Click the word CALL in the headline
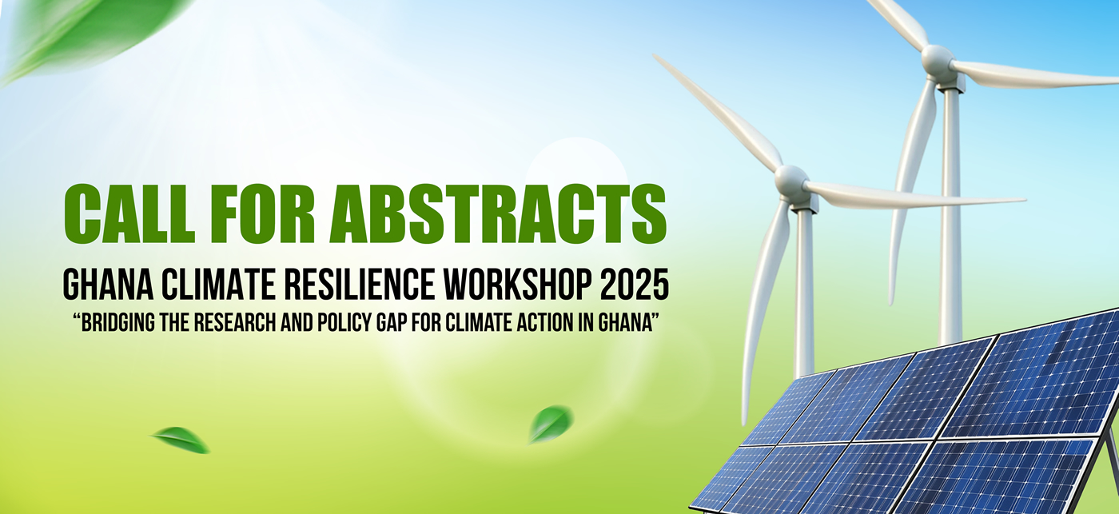click(129, 213)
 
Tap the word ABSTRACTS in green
click(498, 213)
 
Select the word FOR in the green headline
click(263, 213)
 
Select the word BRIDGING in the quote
click(118, 323)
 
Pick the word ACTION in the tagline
click(545, 323)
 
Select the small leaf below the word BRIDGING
click(181, 440)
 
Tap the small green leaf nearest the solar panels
click(550, 424)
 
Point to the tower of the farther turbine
click(950, 215)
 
